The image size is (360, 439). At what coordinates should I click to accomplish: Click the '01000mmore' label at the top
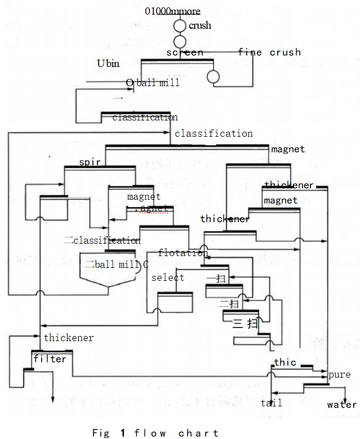tap(172, 11)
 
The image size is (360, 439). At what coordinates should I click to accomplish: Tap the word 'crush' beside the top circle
tap(200, 25)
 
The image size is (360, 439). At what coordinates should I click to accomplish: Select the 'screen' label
tap(185, 52)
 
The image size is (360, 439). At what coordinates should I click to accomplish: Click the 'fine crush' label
tap(269, 52)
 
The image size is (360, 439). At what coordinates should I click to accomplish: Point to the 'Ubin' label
tap(108, 64)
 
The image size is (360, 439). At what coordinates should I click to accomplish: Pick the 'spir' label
tap(90, 162)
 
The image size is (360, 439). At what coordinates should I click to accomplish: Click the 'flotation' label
tap(183, 253)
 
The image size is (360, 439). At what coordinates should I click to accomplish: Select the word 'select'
tap(167, 277)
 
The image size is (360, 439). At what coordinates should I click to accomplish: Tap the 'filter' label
tap(50, 359)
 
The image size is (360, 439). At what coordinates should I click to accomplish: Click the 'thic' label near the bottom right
tap(285, 362)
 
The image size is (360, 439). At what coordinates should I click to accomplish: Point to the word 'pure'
tap(339, 374)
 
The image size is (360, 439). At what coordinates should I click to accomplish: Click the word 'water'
tap(341, 404)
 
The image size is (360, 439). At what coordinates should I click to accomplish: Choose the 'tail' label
tap(272, 402)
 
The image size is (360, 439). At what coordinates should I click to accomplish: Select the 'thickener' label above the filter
tap(69, 338)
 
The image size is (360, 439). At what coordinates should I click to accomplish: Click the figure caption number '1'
tap(122, 433)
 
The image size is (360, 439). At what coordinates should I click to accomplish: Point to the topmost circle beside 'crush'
tap(179, 25)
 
